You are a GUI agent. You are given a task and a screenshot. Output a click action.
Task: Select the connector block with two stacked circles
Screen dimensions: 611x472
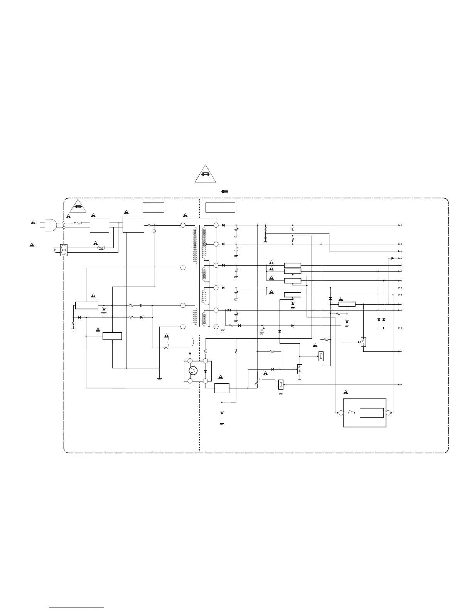(64, 250)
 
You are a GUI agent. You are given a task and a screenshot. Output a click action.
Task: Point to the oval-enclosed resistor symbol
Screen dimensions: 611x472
(102, 248)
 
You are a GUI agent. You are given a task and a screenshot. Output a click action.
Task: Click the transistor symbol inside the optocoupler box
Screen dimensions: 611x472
(193, 371)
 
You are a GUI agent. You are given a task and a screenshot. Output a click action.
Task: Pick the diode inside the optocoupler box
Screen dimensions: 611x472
(205, 371)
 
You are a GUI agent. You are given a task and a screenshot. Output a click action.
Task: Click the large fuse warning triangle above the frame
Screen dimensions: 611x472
(205, 174)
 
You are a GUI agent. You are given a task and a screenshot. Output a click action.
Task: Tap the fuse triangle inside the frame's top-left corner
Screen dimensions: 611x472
(79, 207)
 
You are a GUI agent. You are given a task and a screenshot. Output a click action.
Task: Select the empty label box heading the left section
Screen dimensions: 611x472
(153, 207)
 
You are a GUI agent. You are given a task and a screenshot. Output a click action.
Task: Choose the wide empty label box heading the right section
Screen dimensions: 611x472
(220, 207)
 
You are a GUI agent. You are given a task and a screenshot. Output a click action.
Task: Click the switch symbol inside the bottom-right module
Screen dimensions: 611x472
(351, 412)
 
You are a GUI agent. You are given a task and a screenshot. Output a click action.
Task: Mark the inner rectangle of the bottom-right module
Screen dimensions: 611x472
(371, 413)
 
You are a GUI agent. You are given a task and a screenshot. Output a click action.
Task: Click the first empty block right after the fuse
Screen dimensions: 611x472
(99, 225)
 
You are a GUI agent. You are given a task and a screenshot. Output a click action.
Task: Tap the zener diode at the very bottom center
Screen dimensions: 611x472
(221, 413)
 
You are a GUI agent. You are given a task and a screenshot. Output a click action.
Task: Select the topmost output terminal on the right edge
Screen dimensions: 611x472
(401, 225)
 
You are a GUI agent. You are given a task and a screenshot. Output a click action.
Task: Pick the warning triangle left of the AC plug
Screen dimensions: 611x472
(34, 223)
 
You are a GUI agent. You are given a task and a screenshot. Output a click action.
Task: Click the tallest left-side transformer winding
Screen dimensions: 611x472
(195, 246)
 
